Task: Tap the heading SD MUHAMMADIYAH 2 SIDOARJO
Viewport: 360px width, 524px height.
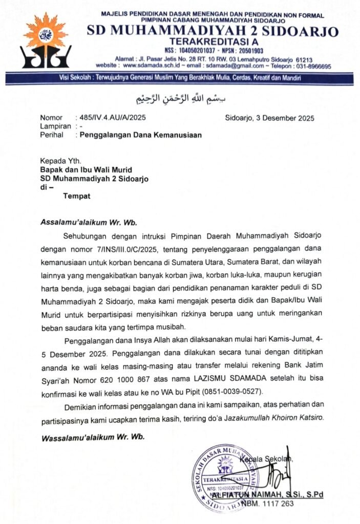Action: coord(213,32)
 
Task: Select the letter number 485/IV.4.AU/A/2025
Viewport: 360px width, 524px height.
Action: coord(111,117)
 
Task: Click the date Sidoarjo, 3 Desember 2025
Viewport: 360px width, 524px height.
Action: coord(269,117)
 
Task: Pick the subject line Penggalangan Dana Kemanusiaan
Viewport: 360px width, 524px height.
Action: coord(138,135)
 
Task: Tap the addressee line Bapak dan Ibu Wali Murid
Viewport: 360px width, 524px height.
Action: coord(94,169)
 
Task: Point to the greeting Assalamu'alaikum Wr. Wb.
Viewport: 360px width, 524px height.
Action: coord(89,222)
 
